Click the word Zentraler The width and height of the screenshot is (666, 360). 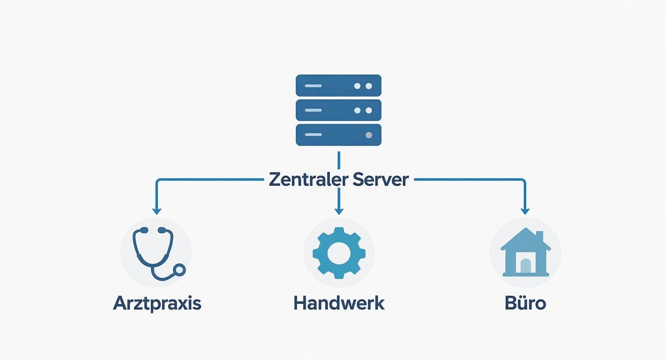point(308,180)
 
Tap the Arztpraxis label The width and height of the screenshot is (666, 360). point(157,304)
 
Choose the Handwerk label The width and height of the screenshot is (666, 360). point(339,304)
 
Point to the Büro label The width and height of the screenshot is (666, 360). point(525,304)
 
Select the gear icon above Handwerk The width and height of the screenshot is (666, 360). point(339,253)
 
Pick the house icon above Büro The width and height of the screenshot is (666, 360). point(525,253)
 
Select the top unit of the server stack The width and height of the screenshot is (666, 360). point(339,86)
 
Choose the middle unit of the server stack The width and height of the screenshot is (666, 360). point(339,110)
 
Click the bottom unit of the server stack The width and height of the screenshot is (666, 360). point(339,135)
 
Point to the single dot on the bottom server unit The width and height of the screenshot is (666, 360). point(368,135)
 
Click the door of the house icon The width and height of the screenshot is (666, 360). point(525,266)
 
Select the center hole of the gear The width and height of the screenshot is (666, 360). point(339,253)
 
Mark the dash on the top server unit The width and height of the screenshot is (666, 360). point(312,86)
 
